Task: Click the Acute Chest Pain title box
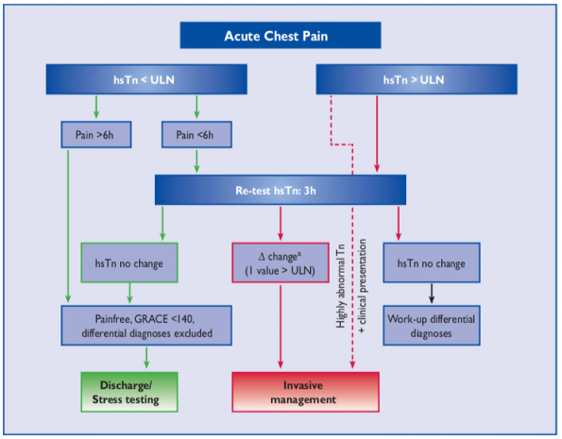click(x=281, y=36)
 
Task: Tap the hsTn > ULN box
click(x=415, y=79)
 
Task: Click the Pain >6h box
click(x=95, y=135)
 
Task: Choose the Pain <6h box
click(x=195, y=135)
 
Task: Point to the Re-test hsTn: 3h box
click(x=281, y=191)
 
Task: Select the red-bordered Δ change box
click(x=281, y=263)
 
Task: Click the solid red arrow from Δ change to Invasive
click(x=281, y=326)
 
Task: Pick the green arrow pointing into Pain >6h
click(x=95, y=107)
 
